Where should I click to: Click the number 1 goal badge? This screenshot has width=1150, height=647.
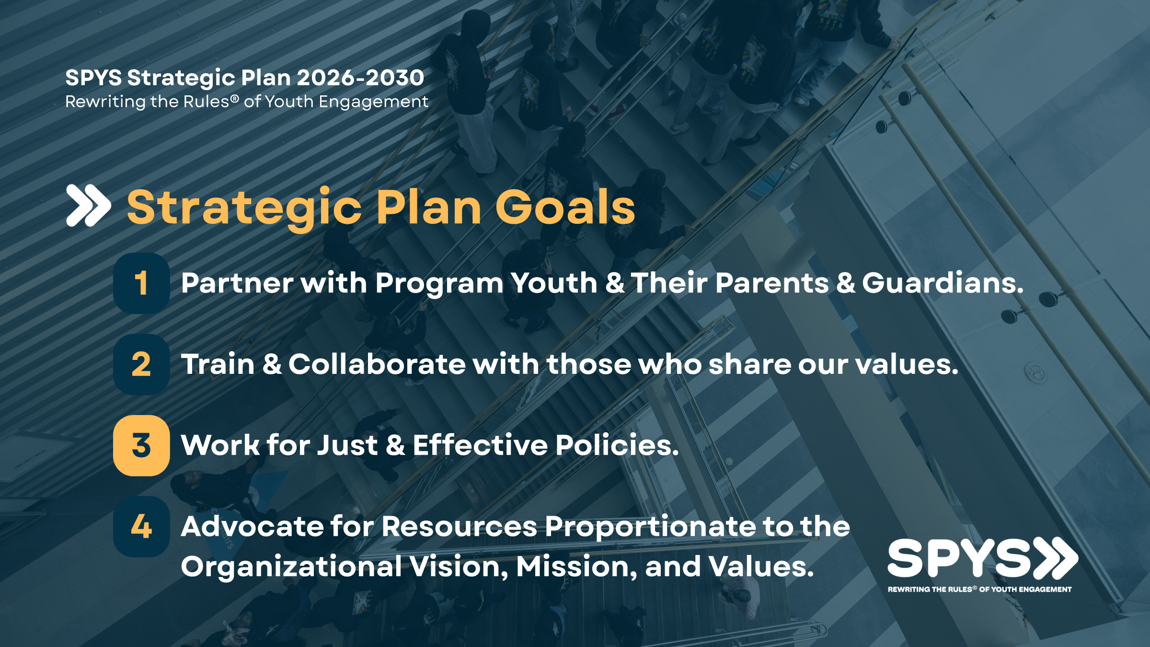[x=141, y=283]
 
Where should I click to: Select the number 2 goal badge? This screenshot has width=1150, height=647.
[x=141, y=364]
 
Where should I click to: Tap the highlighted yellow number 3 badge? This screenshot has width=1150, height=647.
[x=141, y=445]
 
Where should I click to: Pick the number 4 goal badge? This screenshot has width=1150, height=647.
[x=141, y=526]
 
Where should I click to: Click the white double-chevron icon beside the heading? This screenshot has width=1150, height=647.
[x=89, y=205]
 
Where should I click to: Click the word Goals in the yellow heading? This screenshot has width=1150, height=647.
[x=565, y=207]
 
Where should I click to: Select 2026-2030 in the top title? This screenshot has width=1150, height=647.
[x=360, y=78]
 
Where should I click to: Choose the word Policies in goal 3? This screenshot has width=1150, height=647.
[x=617, y=445]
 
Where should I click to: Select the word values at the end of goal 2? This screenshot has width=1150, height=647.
[x=907, y=364]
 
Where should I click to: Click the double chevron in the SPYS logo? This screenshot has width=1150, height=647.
[x=1056, y=558]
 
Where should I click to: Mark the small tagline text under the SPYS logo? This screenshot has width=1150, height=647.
[x=980, y=589]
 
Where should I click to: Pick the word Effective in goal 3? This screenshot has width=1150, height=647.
[x=480, y=445]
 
